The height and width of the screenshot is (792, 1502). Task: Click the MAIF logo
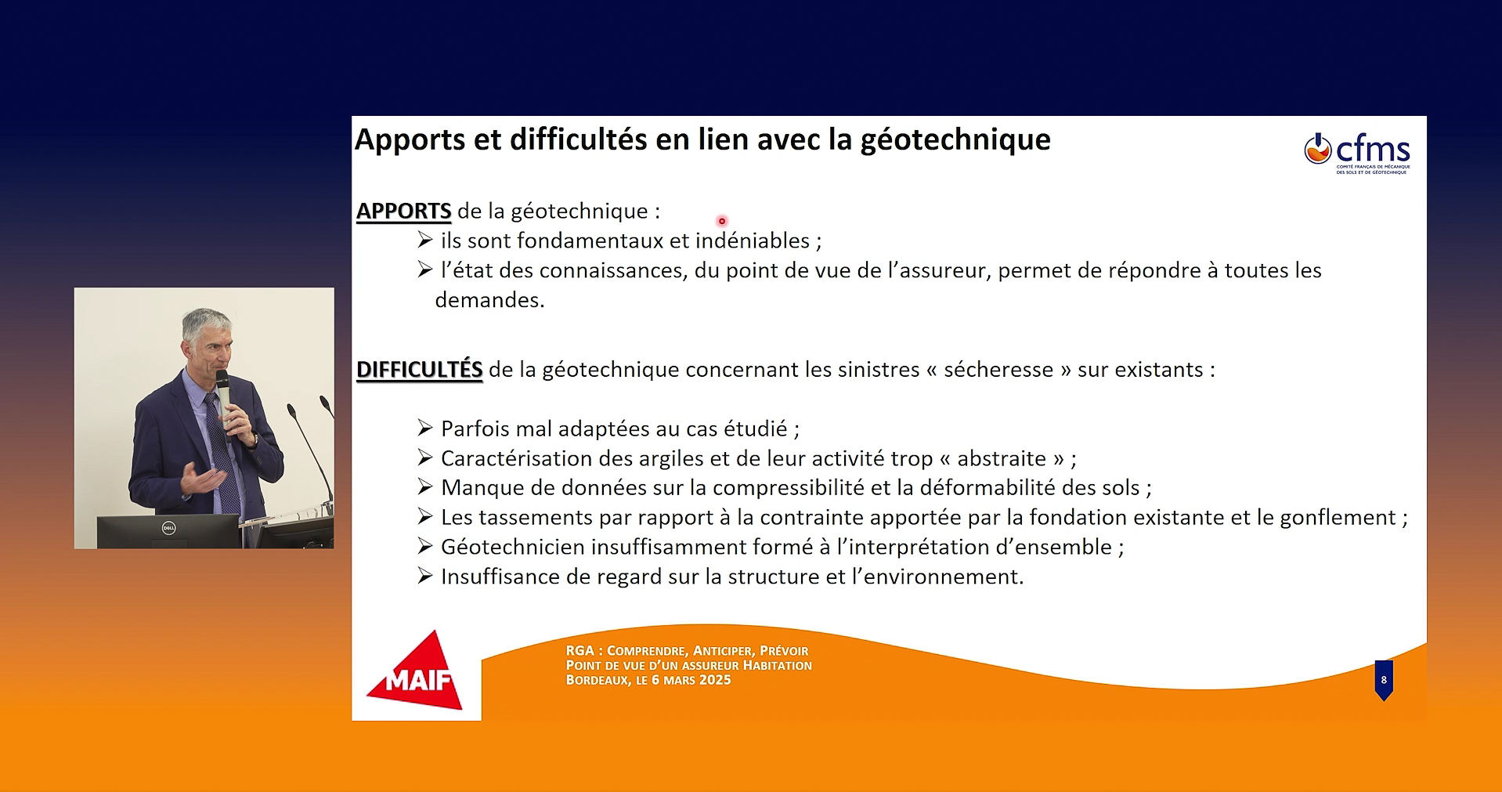pos(415,672)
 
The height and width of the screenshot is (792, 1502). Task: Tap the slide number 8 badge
pos(1384,680)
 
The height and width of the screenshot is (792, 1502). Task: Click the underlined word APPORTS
pos(403,211)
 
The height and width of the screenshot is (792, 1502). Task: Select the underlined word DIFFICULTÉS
pos(419,369)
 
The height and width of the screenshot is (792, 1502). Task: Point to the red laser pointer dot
pos(722,221)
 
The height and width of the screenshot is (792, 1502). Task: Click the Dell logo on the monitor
pos(168,528)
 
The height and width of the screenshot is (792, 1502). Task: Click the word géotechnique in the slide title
pos(955,139)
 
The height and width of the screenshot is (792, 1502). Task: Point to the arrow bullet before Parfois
pos(425,428)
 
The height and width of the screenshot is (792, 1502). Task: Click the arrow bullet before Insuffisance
pos(425,576)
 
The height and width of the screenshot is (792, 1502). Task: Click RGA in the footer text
pos(579,650)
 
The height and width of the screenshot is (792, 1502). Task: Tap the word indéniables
pos(753,240)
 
